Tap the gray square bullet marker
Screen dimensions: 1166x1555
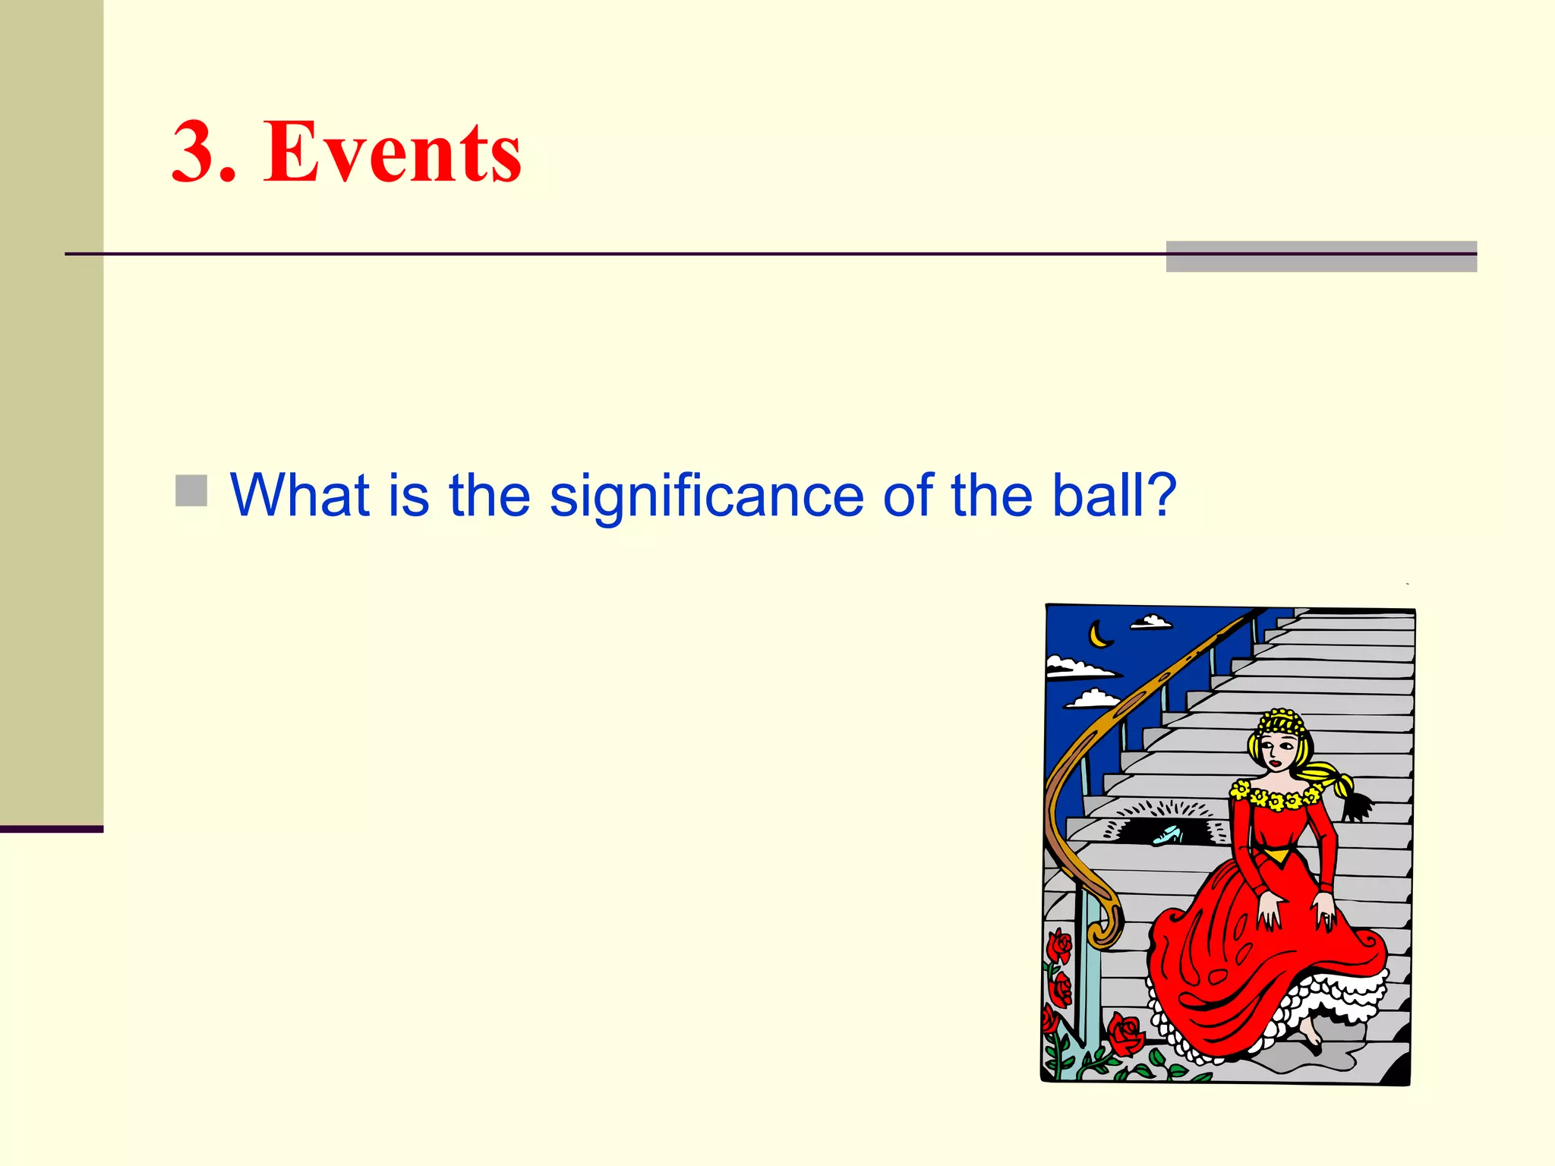pos(191,490)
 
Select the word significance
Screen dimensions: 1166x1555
pos(706,496)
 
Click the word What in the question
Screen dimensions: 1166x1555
pos(299,495)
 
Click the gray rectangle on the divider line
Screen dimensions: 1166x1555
pos(1321,257)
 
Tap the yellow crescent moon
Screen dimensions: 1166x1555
pos(1099,635)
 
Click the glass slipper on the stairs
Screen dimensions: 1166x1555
pos(1167,835)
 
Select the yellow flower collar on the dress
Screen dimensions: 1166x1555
pos(1276,797)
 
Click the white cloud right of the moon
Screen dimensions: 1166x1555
pos(1152,622)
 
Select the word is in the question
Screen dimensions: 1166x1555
pos(408,495)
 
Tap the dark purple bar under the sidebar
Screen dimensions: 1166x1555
pos(52,829)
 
